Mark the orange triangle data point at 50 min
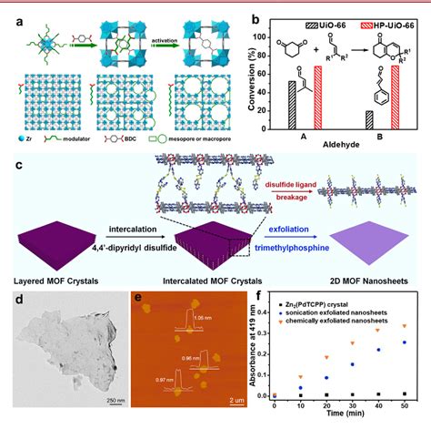pos(405,325)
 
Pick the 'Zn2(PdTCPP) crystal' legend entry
pos(310,298)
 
